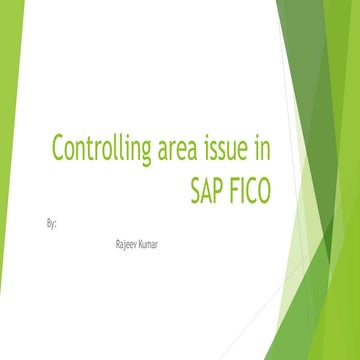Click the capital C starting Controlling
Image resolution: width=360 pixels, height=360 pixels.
tap(58, 153)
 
